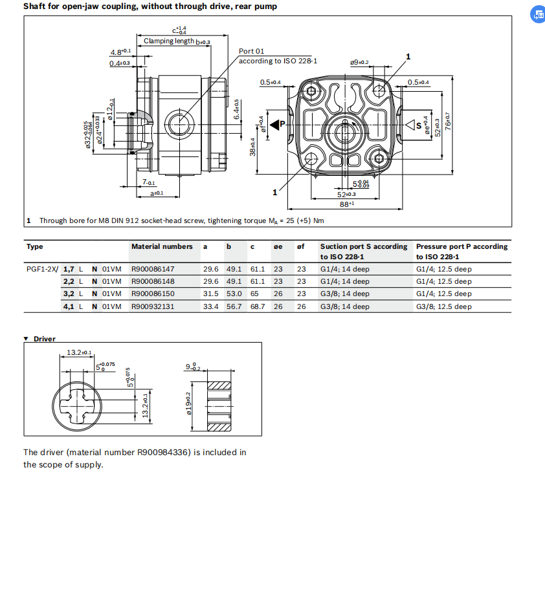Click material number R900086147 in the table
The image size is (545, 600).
pyautogui.click(x=153, y=269)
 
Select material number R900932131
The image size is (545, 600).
pyautogui.click(x=153, y=306)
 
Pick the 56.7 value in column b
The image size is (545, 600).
pyautogui.click(x=233, y=306)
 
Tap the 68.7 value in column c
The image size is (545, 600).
pyautogui.click(x=258, y=306)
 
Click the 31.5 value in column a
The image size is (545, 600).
pyautogui.click(x=210, y=294)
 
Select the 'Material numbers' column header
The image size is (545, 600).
pyautogui.click(x=162, y=246)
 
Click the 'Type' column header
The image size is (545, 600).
pyautogui.click(x=35, y=246)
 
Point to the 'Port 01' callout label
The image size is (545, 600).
pyautogui.click(x=252, y=51)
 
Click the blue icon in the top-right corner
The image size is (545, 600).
pyautogui.click(x=537, y=15)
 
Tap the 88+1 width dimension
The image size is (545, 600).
pyautogui.click(x=348, y=204)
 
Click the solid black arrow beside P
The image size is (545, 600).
pyautogui.click(x=274, y=123)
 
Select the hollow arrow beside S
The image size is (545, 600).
pyautogui.click(x=409, y=124)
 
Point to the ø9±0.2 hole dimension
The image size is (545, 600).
pyautogui.click(x=359, y=62)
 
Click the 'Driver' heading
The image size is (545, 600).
pyautogui.click(x=44, y=339)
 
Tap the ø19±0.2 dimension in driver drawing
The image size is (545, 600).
pyautogui.click(x=189, y=404)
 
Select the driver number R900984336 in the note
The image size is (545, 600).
pyautogui.click(x=164, y=452)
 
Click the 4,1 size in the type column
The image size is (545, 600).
pyautogui.click(x=69, y=306)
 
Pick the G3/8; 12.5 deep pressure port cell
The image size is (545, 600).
pyautogui.click(x=443, y=306)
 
